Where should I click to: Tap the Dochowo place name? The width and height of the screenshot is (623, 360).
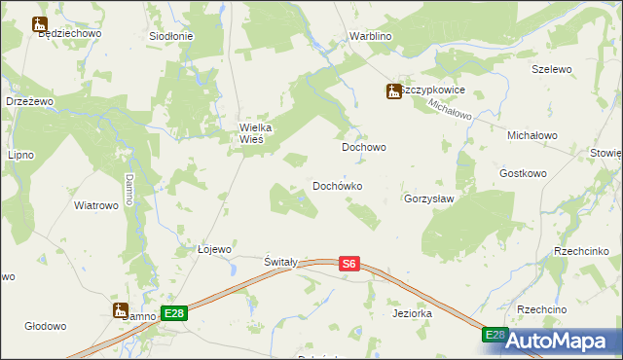pyautogui.click(x=364, y=148)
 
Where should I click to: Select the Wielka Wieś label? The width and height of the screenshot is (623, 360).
pyautogui.click(x=259, y=132)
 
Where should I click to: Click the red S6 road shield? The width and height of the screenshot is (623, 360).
pyautogui.click(x=350, y=263)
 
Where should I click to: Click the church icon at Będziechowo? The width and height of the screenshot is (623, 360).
pyautogui.click(x=40, y=23)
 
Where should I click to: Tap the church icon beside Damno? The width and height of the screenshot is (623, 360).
pyautogui.click(x=121, y=311)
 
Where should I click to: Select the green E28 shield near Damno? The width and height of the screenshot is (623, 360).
pyautogui.click(x=174, y=313)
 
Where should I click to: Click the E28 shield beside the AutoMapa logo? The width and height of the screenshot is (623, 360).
pyautogui.click(x=495, y=335)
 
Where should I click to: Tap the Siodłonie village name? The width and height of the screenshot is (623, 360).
pyautogui.click(x=170, y=36)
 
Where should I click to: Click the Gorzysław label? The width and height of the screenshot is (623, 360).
pyautogui.click(x=429, y=198)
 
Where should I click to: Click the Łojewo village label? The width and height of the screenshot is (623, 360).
pyautogui.click(x=214, y=249)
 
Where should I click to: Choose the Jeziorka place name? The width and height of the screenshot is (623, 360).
pyautogui.click(x=412, y=314)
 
